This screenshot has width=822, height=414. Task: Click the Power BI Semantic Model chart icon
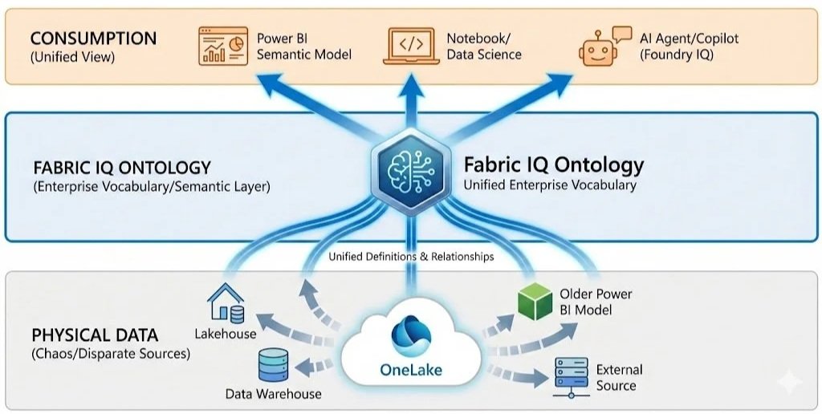coord(223,46)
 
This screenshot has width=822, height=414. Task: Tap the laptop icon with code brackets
coord(411,46)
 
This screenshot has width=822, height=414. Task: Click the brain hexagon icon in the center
coord(411,171)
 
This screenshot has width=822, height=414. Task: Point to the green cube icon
coord(535,302)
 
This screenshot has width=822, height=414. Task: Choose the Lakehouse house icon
coord(226,303)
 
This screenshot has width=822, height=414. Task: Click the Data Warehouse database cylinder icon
coord(273,365)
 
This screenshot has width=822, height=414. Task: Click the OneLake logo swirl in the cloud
coord(411,336)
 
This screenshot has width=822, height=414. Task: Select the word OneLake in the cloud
coord(411,370)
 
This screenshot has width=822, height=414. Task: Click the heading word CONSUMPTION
coord(93,39)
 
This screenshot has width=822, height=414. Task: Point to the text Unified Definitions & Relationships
coord(411,257)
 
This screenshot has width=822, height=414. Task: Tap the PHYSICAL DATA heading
coord(95,335)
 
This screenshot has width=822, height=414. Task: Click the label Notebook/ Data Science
coord(484,46)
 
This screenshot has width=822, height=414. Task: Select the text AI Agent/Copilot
coord(689,39)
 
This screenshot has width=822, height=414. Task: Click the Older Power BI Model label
coord(596,302)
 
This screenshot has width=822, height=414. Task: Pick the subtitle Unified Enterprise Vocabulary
coord(550,185)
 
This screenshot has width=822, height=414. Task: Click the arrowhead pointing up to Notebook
coord(411,85)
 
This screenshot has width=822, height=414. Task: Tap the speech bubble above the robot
coord(622,34)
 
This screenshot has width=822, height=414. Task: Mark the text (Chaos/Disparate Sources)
coord(111,354)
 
